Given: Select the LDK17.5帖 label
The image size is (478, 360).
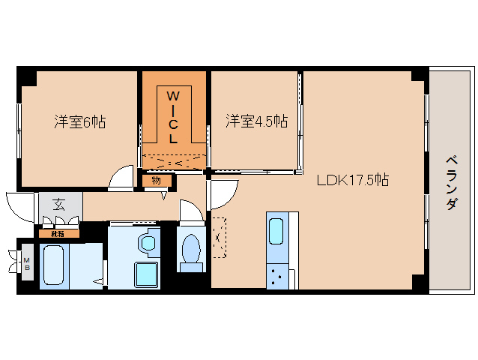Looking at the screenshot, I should [x=352, y=180].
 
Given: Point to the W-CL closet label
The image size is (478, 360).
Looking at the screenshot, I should [x=173, y=117].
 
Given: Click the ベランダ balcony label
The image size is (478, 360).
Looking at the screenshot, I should [x=451, y=182].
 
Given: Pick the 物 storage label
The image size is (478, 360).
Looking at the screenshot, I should [x=157, y=180].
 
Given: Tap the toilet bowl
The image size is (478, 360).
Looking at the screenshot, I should [x=191, y=249].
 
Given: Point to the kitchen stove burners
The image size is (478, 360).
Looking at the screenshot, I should [x=278, y=277].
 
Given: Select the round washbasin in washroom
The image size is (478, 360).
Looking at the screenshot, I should [x=149, y=242].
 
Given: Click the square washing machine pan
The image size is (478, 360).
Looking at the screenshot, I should [x=145, y=275].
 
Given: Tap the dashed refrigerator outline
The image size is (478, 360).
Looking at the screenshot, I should [x=218, y=237].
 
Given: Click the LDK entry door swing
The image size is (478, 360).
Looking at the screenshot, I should [x=221, y=193].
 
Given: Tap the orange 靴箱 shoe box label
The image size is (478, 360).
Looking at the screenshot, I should [x=58, y=233].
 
